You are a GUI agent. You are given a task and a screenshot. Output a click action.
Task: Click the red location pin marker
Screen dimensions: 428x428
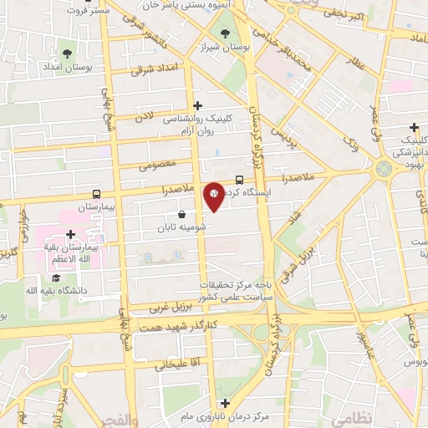[x=215, y=195]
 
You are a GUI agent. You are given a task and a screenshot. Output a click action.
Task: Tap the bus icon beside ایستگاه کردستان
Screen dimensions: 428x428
[x=240, y=179]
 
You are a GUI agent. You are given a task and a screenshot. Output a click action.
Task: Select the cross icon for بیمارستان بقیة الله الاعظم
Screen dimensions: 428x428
[x=71, y=236]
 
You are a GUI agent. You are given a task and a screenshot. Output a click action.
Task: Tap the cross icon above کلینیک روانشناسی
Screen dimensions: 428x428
[x=197, y=106]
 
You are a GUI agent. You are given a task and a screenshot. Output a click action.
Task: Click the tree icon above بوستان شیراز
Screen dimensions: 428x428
[x=224, y=33]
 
